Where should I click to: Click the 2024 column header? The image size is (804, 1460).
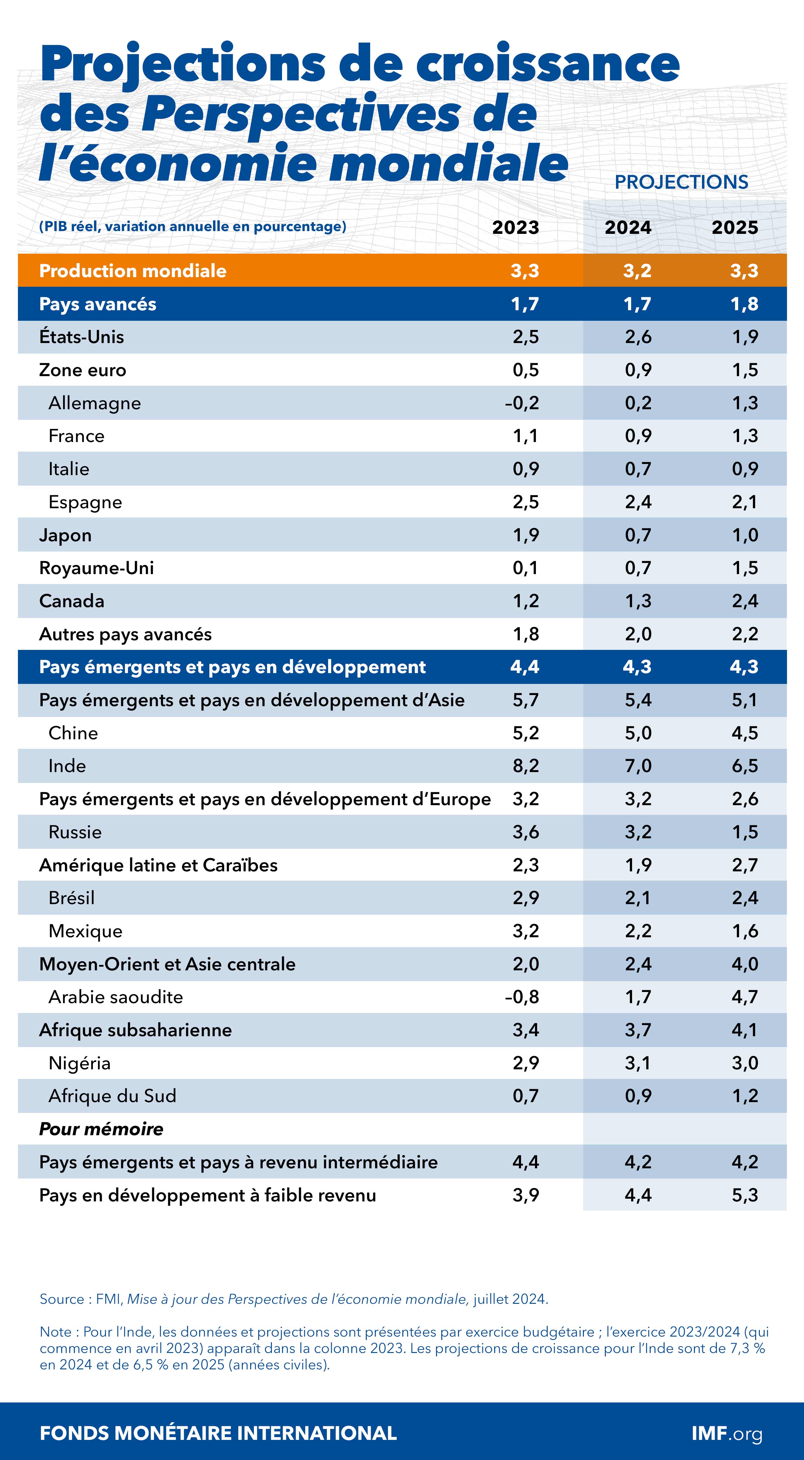pyautogui.click(x=628, y=227)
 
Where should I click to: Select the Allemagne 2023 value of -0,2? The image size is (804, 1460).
pyautogui.click(x=522, y=403)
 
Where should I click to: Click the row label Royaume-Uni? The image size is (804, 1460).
pyautogui.click(x=96, y=568)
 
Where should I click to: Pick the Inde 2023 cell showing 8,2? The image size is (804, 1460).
pyautogui.click(x=526, y=766)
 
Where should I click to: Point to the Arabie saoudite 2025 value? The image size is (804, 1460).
pyautogui.click(x=745, y=997)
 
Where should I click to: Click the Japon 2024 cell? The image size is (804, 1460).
pyautogui.click(x=638, y=535)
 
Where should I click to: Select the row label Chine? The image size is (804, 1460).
pyautogui.click(x=73, y=733)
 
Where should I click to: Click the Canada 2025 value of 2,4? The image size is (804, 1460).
pyautogui.click(x=745, y=601)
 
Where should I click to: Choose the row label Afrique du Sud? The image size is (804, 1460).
pyautogui.click(x=112, y=1096)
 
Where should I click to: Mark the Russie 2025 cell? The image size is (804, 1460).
pyautogui.click(x=745, y=832)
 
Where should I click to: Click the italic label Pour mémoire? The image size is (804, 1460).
pyautogui.click(x=101, y=1129)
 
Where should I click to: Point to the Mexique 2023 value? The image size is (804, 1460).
pyautogui.click(x=526, y=931)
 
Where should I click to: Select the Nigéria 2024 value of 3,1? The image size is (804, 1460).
pyautogui.click(x=638, y=1063)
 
